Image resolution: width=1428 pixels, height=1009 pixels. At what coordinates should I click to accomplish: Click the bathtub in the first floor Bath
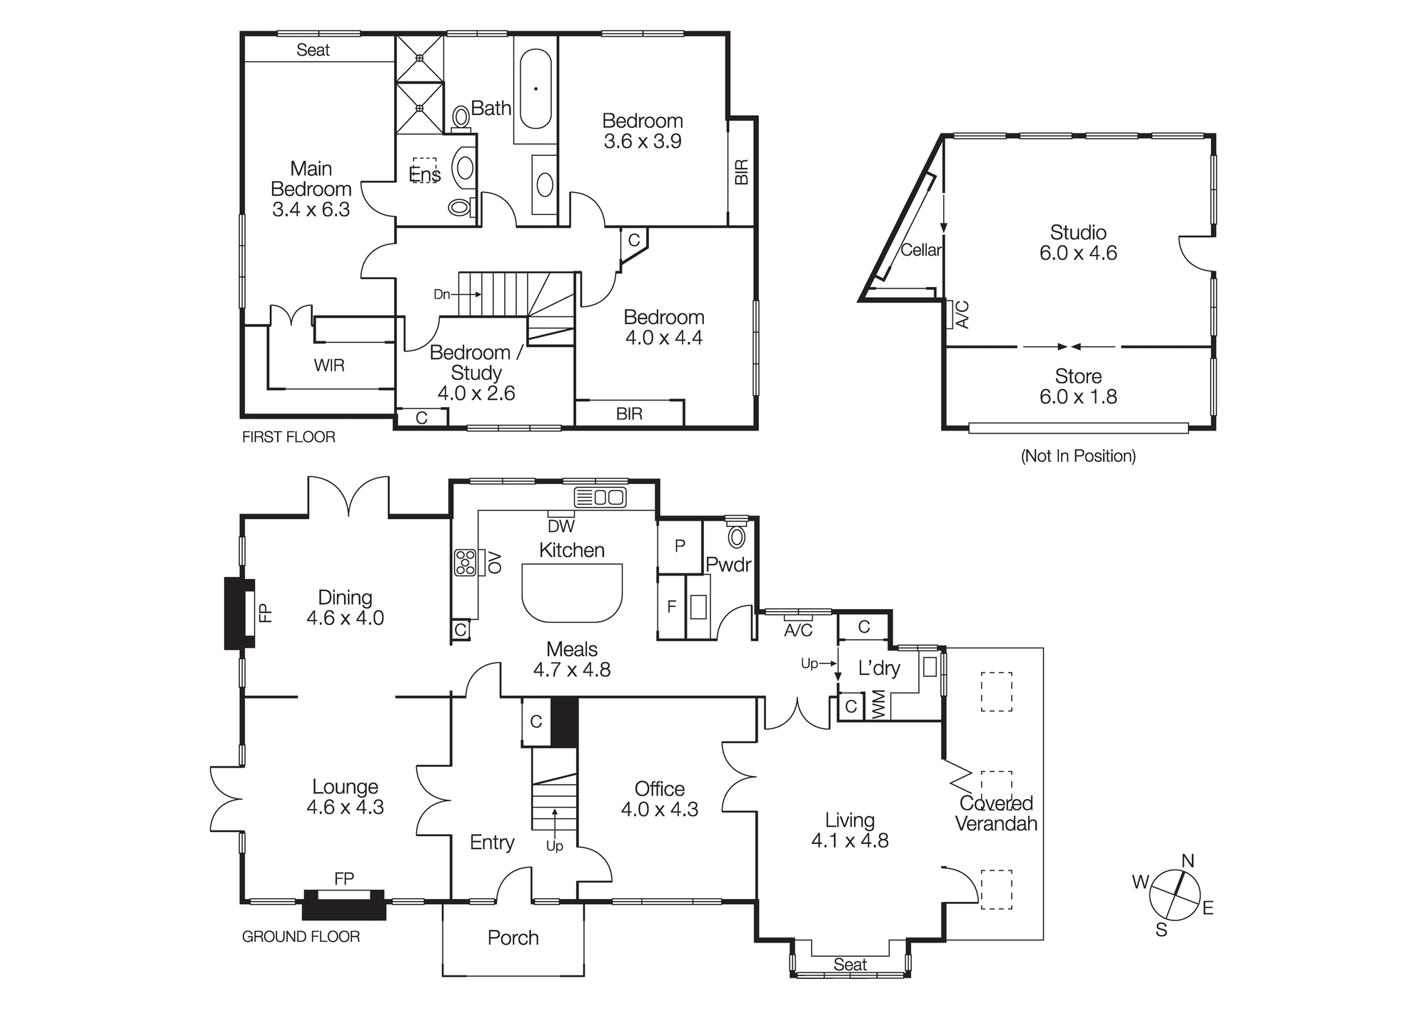[535, 89]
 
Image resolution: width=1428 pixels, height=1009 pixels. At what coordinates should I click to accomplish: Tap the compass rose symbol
[1175, 894]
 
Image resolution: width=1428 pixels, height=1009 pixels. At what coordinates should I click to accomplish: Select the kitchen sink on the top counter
[600, 497]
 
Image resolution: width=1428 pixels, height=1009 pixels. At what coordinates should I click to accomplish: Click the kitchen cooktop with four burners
[465, 563]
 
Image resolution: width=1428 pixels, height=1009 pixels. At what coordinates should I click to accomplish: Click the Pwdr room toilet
[736, 536]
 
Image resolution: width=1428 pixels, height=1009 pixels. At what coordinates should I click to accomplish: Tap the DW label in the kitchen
[561, 527]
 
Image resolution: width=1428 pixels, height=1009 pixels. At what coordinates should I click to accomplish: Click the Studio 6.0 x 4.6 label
[1078, 243]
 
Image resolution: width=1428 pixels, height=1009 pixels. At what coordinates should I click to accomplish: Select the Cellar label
[920, 250]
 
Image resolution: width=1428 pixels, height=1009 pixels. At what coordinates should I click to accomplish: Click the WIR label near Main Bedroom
[329, 366]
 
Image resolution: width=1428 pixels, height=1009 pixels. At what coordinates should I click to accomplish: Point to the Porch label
[513, 938]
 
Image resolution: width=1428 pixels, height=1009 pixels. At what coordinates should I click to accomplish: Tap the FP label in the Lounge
[344, 879]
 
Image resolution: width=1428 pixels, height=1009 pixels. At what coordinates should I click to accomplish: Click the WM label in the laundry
[879, 705]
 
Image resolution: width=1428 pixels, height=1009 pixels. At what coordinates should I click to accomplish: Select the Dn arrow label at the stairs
[442, 294]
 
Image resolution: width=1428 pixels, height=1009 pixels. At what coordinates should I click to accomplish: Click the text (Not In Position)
[1078, 456]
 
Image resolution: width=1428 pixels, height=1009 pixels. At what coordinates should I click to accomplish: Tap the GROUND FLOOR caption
[301, 937]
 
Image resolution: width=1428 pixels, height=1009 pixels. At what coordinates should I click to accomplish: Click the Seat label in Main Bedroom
[313, 50]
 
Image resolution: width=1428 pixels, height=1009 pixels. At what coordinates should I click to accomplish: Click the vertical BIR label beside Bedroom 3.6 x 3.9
[742, 172]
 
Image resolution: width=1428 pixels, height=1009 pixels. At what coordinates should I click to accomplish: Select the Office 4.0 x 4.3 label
[659, 799]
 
